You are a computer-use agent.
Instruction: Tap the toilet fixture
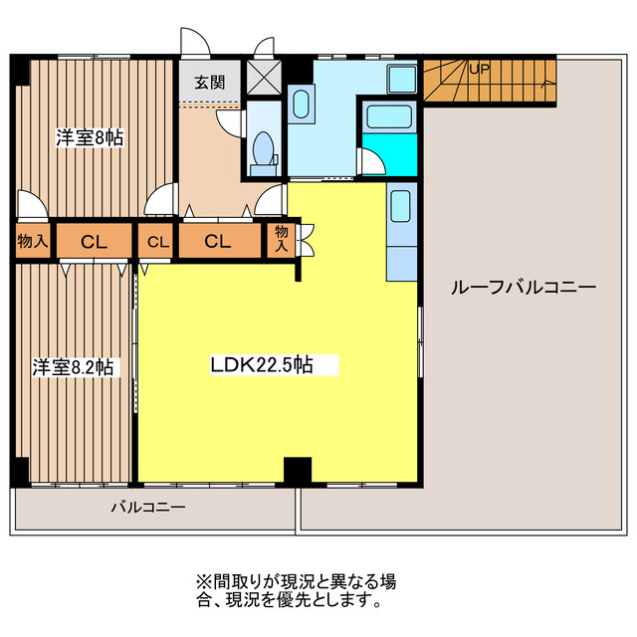click(x=264, y=149)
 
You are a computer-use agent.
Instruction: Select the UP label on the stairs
click(x=479, y=70)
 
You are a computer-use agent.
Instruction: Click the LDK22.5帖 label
click(x=262, y=364)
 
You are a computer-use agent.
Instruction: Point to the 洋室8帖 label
click(x=90, y=138)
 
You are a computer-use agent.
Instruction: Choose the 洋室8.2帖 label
click(x=72, y=367)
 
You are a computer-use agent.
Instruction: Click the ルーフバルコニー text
click(x=523, y=288)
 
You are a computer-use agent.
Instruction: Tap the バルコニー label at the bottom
click(x=147, y=508)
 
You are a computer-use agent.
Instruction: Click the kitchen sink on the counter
click(x=400, y=206)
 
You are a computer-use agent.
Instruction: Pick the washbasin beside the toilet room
click(x=300, y=105)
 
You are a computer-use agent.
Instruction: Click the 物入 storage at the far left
click(x=32, y=241)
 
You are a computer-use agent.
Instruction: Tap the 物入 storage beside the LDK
click(x=282, y=240)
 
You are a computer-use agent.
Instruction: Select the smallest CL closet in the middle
click(x=155, y=241)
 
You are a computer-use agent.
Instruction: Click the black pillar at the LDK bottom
click(x=298, y=470)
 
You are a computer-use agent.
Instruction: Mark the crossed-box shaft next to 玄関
click(x=264, y=78)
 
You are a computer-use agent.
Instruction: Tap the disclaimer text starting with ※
click(x=295, y=590)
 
